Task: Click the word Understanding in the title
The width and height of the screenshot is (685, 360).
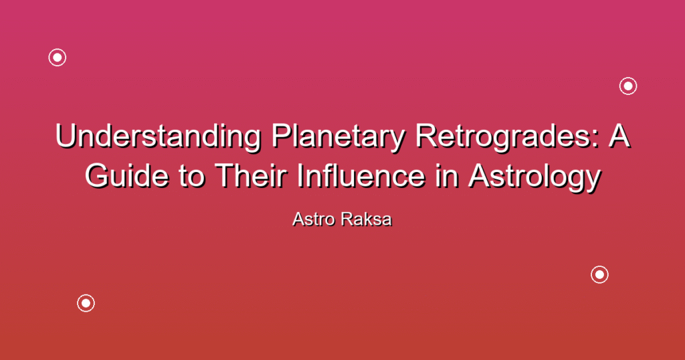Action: pos(158,136)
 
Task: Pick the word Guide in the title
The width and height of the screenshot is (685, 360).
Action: pos(126,175)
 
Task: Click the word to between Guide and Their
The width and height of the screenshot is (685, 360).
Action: pos(191,177)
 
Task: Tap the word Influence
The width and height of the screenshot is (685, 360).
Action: pos(361,175)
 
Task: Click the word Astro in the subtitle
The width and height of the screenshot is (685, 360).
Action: pos(314,219)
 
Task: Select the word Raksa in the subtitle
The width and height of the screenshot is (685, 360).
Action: pos(367,219)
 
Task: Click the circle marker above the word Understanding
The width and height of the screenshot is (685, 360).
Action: pos(58,58)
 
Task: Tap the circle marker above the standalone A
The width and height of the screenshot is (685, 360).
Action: pos(628,86)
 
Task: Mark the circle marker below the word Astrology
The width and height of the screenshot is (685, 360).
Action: pos(600,274)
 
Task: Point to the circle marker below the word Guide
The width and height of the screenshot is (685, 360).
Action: pos(86,303)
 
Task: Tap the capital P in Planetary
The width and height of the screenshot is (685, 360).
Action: pos(282,136)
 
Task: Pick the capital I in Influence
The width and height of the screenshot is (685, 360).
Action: pos(300,175)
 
